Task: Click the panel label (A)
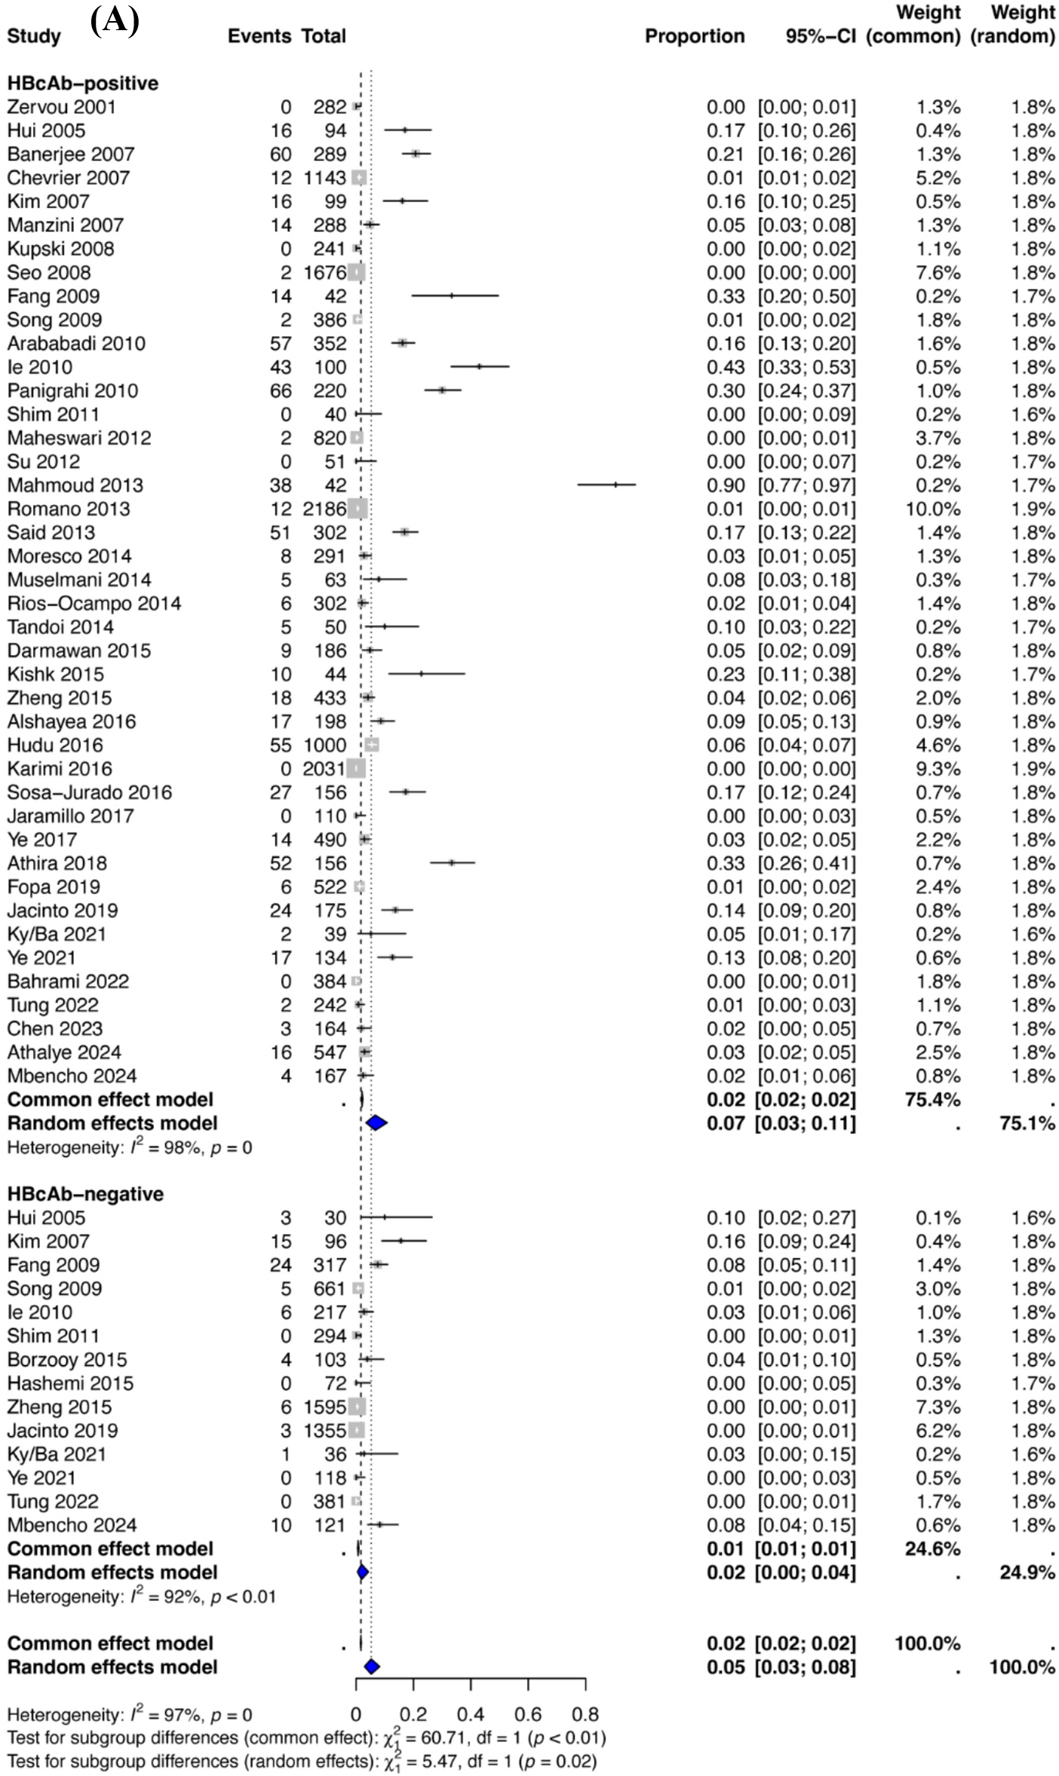[x=115, y=21]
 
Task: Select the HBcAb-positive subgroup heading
[x=83, y=83]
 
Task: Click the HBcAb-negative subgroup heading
[x=85, y=1194]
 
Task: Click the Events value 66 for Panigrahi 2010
[x=281, y=390]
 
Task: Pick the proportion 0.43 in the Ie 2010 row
[x=725, y=367]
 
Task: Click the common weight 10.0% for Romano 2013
[x=933, y=509]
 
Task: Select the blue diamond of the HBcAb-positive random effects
[x=376, y=1123]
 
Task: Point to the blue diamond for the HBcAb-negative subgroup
[x=362, y=1572]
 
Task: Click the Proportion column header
[x=694, y=36]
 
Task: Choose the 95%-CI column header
[x=821, y=36]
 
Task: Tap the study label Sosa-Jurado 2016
[x=90, y=792]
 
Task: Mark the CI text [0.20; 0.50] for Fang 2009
[x=806, y=296]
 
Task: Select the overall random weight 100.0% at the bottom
[x=1021, y=1667]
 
